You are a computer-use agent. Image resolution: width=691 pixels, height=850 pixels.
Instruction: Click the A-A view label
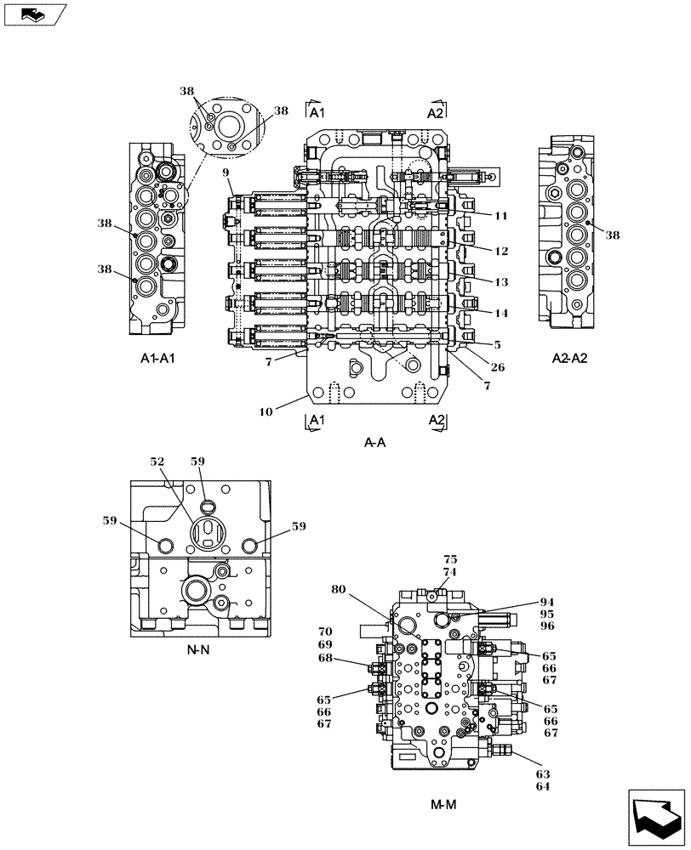pos(374,442)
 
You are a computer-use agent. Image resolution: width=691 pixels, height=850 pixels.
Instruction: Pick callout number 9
pos(226,173)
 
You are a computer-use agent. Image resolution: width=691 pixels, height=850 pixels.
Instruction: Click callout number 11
pos(501,216)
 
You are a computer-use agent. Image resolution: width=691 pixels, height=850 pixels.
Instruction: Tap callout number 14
pos(501,313)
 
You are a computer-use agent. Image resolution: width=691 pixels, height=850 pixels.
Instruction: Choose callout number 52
pos(157,462)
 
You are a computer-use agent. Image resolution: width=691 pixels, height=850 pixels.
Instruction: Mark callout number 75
pos(450,559)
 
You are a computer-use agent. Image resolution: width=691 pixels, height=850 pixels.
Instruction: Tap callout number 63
pos(543,774)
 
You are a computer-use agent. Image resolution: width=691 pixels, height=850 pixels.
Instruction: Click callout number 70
pos(325,632)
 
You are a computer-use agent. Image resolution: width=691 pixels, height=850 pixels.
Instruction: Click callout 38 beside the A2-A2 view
pos(613,237)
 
